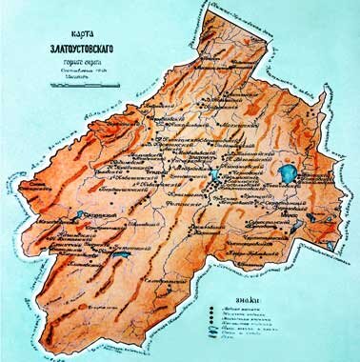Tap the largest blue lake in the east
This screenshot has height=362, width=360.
point(287,174)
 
